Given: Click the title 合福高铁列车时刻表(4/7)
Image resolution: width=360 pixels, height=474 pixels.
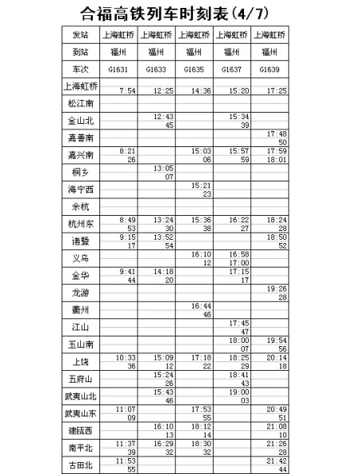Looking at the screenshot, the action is click(179, 14).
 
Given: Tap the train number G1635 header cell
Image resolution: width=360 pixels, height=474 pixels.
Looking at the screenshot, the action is click(193, 69).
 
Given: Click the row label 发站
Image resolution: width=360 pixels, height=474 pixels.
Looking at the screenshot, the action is click(80, 35).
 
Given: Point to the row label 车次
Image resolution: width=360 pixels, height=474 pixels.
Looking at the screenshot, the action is click(80, 69).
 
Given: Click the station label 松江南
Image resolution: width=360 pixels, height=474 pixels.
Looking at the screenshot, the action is click(80, 103).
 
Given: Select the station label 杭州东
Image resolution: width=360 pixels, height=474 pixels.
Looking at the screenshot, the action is click(80, 225).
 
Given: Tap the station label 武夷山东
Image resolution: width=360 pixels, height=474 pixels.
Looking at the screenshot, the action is click(80, 412).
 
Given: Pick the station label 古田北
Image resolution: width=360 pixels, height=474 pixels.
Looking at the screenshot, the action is click(80, 464).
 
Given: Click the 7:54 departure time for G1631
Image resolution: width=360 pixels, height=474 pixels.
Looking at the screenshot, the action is click(126, 90).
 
